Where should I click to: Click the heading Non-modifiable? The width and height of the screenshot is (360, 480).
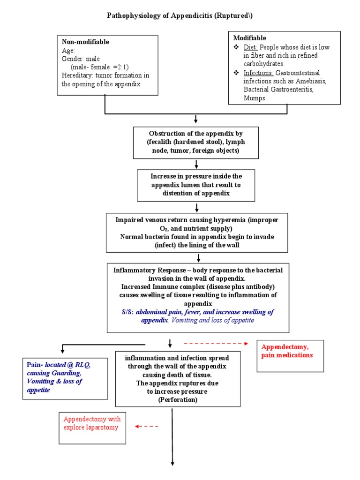click(x=85, y=42)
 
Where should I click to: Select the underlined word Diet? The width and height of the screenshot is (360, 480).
click(x=250, y=47)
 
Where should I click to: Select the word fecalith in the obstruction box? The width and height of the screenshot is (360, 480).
click(x=166, y=141)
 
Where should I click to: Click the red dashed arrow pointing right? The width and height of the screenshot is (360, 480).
click(x=215, y=344)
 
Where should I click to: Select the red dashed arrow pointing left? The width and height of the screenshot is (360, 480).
click(x=147, y=426)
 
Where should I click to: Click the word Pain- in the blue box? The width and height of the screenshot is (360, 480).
click(x=35, y=365)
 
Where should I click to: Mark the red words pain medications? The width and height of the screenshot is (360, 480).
click(x=287, y=355)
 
